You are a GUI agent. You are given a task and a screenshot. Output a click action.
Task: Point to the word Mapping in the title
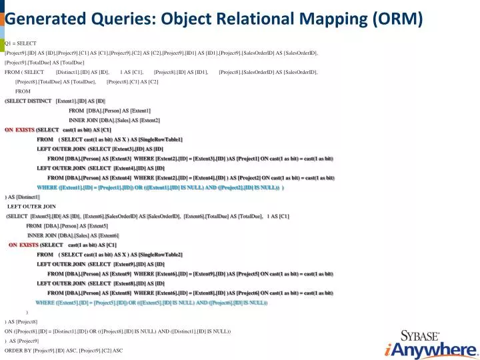[x=337, y=21]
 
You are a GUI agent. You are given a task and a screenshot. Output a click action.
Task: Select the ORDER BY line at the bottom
[x=63, y=350]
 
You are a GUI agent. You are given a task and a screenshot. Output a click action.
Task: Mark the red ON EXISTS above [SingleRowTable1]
[x=19, y=129]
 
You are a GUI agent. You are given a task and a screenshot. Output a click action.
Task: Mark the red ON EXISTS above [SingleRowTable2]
[x=23, y=245]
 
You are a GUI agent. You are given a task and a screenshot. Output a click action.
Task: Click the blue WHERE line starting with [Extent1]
[x=160, y=188]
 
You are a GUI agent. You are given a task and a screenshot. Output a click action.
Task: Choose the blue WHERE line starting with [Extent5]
[x=151, y=303]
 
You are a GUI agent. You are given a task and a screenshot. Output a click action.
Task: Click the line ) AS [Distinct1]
[x=22, y=197]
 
